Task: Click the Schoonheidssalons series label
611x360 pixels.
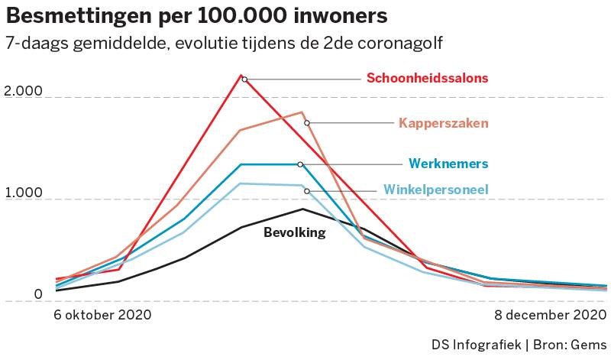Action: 427,78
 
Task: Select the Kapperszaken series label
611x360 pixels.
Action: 443,123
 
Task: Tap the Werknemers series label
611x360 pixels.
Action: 448,164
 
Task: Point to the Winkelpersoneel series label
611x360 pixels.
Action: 435,190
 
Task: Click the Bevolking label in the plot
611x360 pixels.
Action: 294,233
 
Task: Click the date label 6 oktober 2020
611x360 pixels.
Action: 102,315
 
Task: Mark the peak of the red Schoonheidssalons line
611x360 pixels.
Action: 242,76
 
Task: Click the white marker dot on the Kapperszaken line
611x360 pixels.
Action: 307,123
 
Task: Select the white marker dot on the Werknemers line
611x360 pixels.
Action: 300,164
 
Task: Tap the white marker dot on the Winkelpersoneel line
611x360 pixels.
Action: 306,191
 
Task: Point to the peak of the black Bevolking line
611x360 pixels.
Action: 302,209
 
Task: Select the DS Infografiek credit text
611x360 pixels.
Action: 474,344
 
